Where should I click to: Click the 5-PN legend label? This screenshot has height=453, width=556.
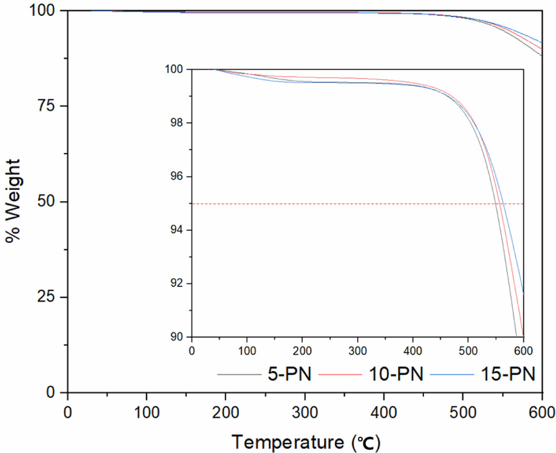[x=289, y=374]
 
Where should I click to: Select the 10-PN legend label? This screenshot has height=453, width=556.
[x=396, y=374]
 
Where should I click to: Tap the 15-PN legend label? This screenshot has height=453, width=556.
[x=508, y=374]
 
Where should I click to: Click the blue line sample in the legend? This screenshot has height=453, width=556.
[x=452, y=375]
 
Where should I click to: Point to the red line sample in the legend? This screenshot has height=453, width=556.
[x=340, y=375]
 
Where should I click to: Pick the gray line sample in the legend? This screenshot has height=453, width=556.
[x=239, y=375]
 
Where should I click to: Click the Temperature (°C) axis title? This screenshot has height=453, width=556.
[x=305, y=442]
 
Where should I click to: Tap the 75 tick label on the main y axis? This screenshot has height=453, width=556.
[x=46, y=106]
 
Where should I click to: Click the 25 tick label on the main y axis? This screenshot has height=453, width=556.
[x=46, y=297]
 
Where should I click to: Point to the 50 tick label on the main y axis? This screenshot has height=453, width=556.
[x=46, y=202]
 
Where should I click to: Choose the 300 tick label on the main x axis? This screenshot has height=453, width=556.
[x=305, y=412]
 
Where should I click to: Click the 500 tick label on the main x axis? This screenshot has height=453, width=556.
[x=463, y=412]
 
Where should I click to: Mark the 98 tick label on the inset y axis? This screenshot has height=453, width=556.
[x=176, y=123]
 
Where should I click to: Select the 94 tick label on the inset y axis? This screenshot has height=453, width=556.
[x=176, y=230]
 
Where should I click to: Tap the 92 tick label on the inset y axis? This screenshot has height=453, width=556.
[x=176, y=284]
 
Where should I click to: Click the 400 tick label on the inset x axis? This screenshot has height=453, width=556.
[x=413, y=351]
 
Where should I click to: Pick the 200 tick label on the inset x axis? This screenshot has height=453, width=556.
[x=302, y=351]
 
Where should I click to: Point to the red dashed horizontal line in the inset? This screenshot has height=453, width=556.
[x=332, y=204]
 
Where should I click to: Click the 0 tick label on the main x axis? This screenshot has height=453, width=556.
[x=67, y=412]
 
